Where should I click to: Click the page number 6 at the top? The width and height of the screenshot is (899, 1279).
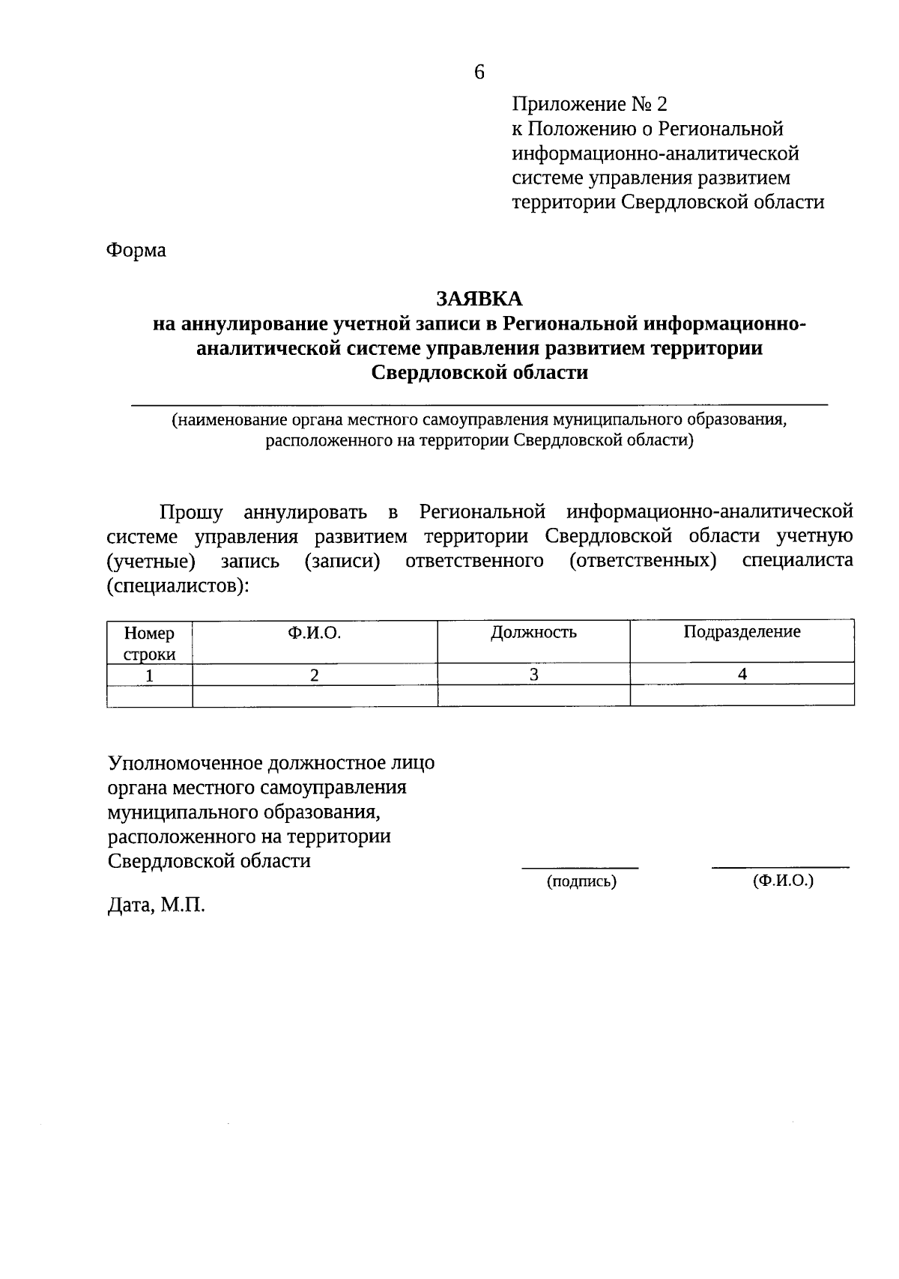tap(479, 73)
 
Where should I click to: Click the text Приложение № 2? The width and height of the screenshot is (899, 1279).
tap(589, 103)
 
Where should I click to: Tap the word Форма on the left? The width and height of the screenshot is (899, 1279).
tap(136, 250)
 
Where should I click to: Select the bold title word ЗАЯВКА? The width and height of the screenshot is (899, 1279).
tap(479, 299)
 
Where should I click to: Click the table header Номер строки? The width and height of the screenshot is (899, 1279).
tap(149, 643)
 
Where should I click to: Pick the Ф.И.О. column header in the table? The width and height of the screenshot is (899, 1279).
tap(314, 634)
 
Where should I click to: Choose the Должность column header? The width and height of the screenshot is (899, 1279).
tap(533, 633)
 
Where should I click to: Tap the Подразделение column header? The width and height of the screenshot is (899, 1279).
tap(742, 632)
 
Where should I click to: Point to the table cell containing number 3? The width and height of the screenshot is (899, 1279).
tap(533, 675)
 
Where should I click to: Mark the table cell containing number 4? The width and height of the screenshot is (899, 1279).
tap(742, 674)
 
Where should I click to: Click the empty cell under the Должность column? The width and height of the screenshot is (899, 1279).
tap(533, 696)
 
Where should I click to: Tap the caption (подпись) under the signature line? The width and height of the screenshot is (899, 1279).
tap(581, 882)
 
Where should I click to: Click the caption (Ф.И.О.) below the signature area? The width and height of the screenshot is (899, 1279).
tap(783, 881)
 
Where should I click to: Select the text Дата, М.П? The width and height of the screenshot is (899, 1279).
tap(156, 906)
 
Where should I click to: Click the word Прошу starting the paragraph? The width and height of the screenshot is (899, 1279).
tap(191, 513)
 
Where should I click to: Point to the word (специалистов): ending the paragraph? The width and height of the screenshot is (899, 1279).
tap(178, 586)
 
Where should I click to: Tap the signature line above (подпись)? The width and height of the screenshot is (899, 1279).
tap(580, 868)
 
